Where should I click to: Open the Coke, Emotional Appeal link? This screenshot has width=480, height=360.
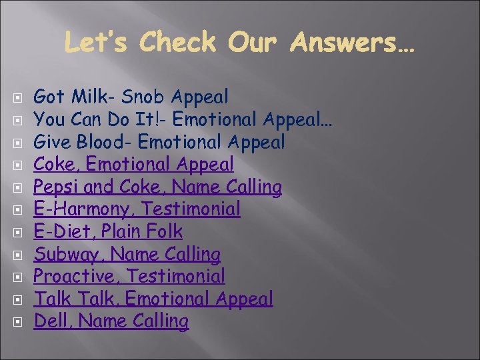[x=133, y=164]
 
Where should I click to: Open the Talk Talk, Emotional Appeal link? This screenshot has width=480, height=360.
[x=153, y=299]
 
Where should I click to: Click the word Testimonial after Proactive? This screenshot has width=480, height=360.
[x=175, y=276]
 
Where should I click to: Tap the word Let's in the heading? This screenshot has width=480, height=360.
[x=98, y=43]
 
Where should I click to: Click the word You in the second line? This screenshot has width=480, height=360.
[x=47, y=120]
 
